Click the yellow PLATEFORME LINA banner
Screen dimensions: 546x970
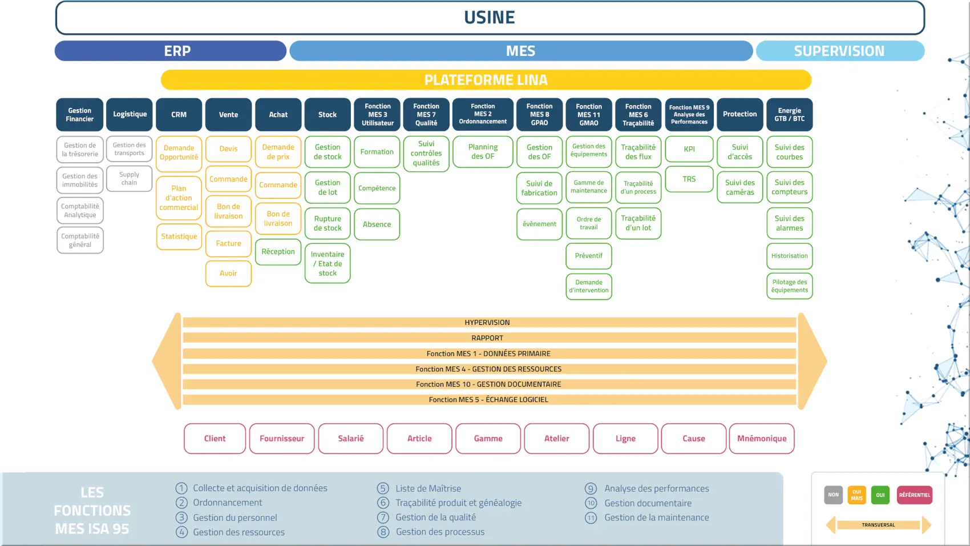[486, 80]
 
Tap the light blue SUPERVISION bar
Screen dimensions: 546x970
[839, 51]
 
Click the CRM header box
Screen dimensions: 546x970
[179, 115]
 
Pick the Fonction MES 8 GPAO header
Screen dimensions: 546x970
[539, 115]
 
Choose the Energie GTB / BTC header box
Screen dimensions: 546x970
[789, 115]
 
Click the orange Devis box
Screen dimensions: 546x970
[228, 149]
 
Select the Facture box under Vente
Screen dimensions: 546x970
[228, 244]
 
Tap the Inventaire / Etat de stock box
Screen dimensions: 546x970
[328, 264]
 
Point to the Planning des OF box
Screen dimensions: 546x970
[483, 152]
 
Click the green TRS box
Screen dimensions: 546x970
[689, 179]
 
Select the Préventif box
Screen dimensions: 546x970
[588, 256]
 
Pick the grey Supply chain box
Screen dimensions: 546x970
[129, 179]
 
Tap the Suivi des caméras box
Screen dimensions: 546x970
[739, 187]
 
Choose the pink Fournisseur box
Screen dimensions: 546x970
[282, 439]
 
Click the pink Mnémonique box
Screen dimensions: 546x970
[762, 439]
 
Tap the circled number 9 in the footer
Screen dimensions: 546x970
[591, 489]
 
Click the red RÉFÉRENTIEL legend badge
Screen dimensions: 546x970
[914, 495]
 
